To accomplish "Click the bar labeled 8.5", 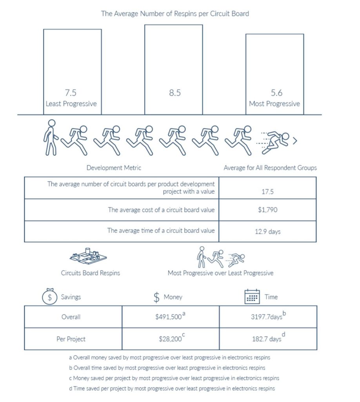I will (173, 69).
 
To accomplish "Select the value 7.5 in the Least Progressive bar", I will (71, 93).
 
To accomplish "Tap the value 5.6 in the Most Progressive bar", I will (275, 93).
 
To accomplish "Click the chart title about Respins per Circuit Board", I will (175, 13).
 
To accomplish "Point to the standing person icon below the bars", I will (50, 138).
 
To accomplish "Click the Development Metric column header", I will (114, 168).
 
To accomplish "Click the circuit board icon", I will (88, 256).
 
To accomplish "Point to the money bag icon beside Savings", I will (49, 297).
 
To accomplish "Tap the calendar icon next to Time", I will (252, 297).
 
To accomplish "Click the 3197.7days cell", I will (268, 317).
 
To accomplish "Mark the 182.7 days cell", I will (268, 339).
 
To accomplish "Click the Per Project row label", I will (71, 339).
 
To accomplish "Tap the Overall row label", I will (71, 317).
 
